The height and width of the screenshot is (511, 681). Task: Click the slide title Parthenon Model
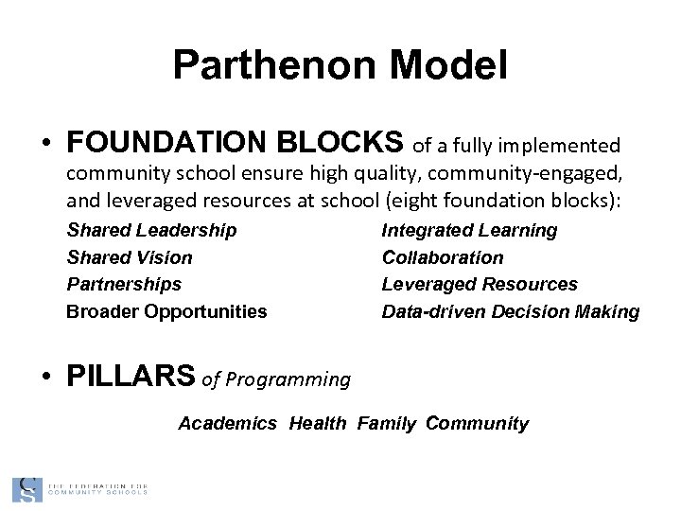(x=340, y=65)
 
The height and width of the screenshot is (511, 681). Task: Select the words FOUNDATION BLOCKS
(x=236, y=142)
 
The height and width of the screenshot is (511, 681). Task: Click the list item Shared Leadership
(x=151, y=230)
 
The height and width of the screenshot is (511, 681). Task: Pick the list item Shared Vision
(x=130, y=257)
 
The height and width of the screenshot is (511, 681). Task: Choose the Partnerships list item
(x=124, y=284)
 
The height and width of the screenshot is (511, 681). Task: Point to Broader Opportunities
(x=166, y=311)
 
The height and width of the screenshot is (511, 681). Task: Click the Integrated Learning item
(x=469, y=230)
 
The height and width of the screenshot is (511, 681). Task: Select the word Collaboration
(x=443, y=257)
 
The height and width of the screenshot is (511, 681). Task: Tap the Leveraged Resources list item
(x=480, y=284)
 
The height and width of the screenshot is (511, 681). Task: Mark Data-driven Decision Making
(x=511, y=311)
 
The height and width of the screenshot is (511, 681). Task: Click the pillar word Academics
(x=228, y=424)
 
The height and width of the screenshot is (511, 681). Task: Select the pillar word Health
(x=318, y=424)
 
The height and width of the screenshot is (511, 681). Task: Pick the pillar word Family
(x=386, y=424)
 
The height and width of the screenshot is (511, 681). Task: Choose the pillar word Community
(x=477, y=424)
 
